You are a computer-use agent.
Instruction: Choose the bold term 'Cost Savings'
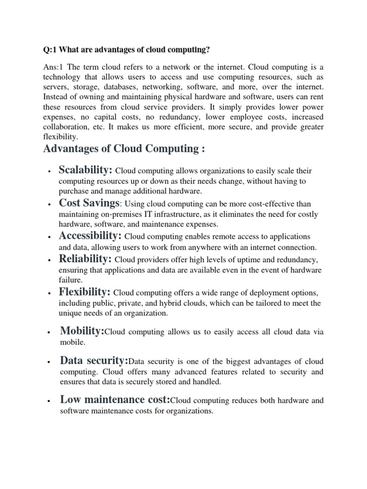[88, 203]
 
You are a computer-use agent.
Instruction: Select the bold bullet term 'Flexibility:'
[85, 292]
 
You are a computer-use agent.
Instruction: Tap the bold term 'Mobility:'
[82, 331]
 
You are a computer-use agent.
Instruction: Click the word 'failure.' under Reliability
[71, 280]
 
